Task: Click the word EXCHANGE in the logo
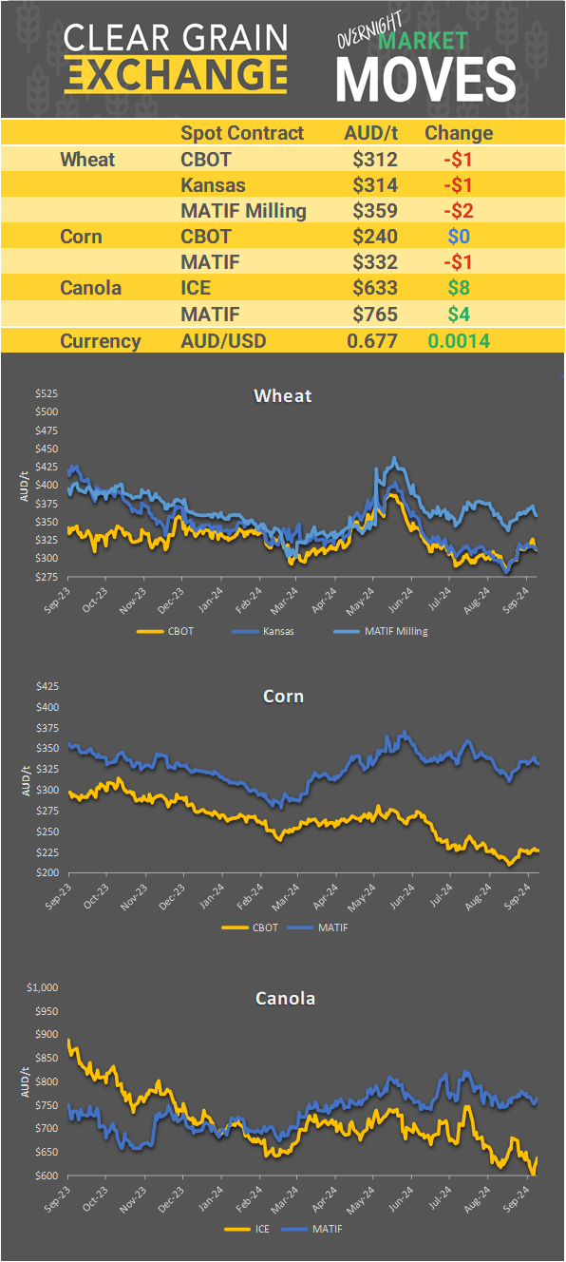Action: pyautogui.click(x=176, y=73)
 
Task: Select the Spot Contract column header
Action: pyautogui.click(x=242, y=133)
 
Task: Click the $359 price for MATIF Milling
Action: pyautogui.click(x=373, y=211)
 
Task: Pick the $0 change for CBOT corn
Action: pyautogui.click(x=458, y=237)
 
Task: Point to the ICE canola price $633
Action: pyautogui.click(x=373, y=288)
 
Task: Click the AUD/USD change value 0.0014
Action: pyautogui.click(x=459, y=341)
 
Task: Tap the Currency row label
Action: pyautogui.click(x=101, y=341)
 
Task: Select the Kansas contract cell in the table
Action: pyautogui.click(x=213, y=185)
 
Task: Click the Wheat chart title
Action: pyautogui.click(x=283, y=395)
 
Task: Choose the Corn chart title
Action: pyautogui.click(x=283, y=697)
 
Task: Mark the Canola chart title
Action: pyautogui.click(x=285, y=998)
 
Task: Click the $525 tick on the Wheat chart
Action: pyautogui.click(x=47, y=394)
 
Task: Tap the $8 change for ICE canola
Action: pyautogui.click(x=458, y=288)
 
